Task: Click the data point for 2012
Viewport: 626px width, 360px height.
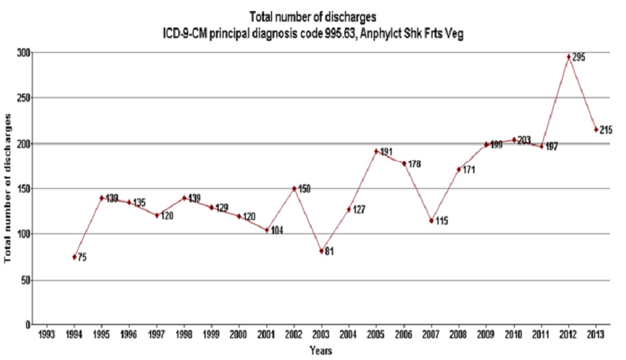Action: click(568, 57)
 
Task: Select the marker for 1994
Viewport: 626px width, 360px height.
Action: click(74, 256)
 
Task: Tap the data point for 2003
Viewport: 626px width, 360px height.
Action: click(321, 251)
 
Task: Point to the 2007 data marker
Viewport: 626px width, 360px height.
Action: click(431, 220)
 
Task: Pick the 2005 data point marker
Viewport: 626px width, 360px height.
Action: click(376, 151)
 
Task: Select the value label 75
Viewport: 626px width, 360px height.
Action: click(82, 258)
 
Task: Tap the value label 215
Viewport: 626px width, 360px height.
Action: click(605, 130)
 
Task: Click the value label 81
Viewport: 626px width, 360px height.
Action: click(329, 252)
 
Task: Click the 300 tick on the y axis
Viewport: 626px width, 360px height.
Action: click(24, 53)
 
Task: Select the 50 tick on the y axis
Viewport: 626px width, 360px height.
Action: click(26, 280)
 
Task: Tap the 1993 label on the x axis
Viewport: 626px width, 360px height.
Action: click(46, 334)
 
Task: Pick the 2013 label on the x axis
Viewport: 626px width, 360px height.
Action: click(596, 334)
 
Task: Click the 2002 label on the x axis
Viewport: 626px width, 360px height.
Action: click(293, 334)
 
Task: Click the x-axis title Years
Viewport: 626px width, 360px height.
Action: click(321, 351)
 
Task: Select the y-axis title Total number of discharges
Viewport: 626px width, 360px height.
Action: click(8, 188)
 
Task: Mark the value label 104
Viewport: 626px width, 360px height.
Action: click(276, 230)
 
